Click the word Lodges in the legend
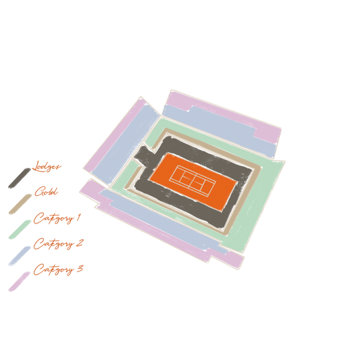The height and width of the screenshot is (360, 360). [x=47, y=166]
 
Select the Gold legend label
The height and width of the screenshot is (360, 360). [x=46, y=191]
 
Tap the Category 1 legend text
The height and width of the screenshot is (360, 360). [x=57, y=218]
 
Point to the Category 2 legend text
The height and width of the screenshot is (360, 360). [x=58, y=244]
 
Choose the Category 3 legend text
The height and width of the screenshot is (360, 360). [x=58, y=269]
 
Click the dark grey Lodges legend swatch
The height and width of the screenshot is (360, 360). [x=20, y=178]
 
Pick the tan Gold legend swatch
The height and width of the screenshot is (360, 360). [x=20, y=204]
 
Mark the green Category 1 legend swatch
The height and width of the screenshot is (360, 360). [x=20, y=230]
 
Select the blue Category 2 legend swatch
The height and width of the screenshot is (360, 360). [x=20, y=256]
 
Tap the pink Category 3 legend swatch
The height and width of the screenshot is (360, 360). [x=20, y=282]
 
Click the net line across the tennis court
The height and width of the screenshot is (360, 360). [x=192, y=181]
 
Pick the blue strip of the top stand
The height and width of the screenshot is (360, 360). [x=220, y=128]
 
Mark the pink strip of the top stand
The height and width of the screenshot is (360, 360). [x=224, y=110]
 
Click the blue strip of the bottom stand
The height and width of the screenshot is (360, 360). [x=161, y=220]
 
